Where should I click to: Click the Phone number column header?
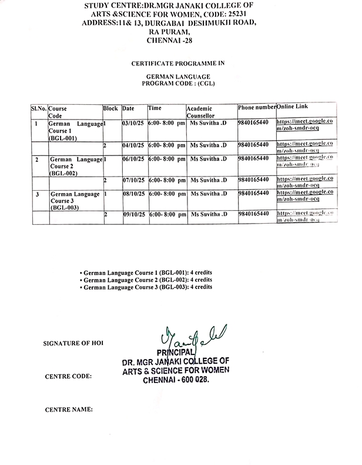coord(256,108)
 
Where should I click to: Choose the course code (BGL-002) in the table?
coord(64,174)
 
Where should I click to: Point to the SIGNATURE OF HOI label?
coord(76,343)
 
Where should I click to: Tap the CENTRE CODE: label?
coord(68,375)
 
